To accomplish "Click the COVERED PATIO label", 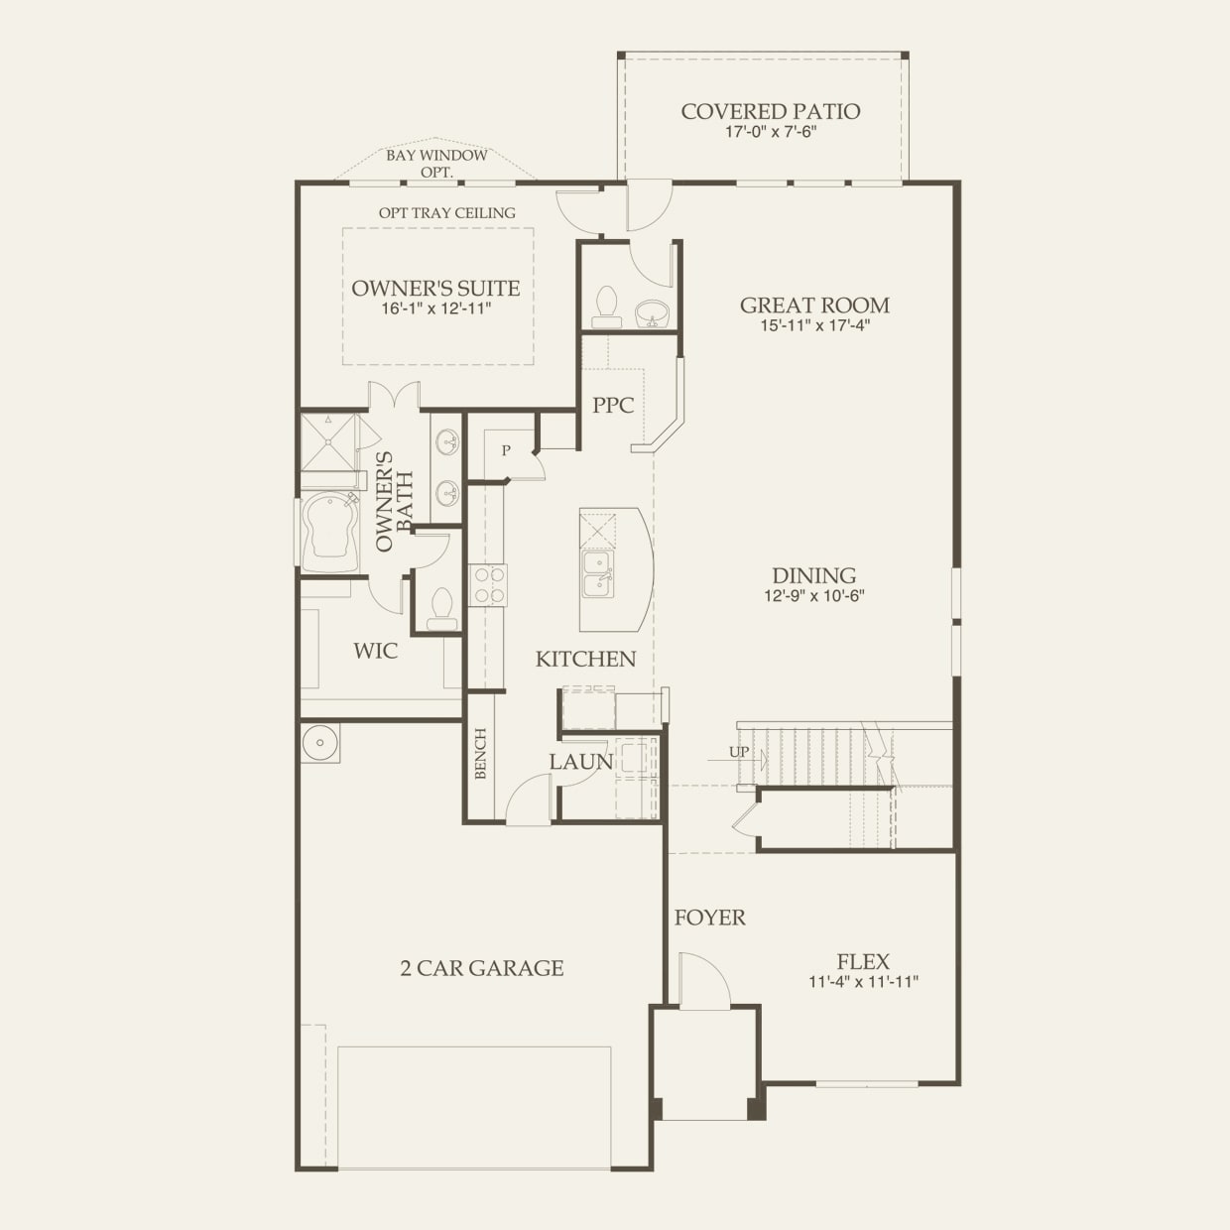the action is [771, 112].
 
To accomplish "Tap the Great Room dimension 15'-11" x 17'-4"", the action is [815, 325].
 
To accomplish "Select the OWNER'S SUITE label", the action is [436, 288].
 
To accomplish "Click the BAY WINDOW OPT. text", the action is [436, 164].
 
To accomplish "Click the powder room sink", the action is [653, 313].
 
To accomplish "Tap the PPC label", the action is [613, 405].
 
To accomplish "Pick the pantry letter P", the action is [506, 450].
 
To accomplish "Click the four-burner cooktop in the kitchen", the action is [488, 585].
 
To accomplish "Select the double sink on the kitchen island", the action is [597, 573].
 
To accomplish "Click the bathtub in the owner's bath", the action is [329, 534].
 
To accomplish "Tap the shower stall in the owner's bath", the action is [330, 442].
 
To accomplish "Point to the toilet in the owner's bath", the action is [441, 610].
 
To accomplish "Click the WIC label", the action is [375, 651].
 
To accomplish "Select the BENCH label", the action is [481, 754].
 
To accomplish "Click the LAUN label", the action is [581, 762].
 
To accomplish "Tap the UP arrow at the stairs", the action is [737, 760].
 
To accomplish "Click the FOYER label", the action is [710, 918].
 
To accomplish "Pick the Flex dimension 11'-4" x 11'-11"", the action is [864, 982].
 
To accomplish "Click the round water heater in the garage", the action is [320, 743].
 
